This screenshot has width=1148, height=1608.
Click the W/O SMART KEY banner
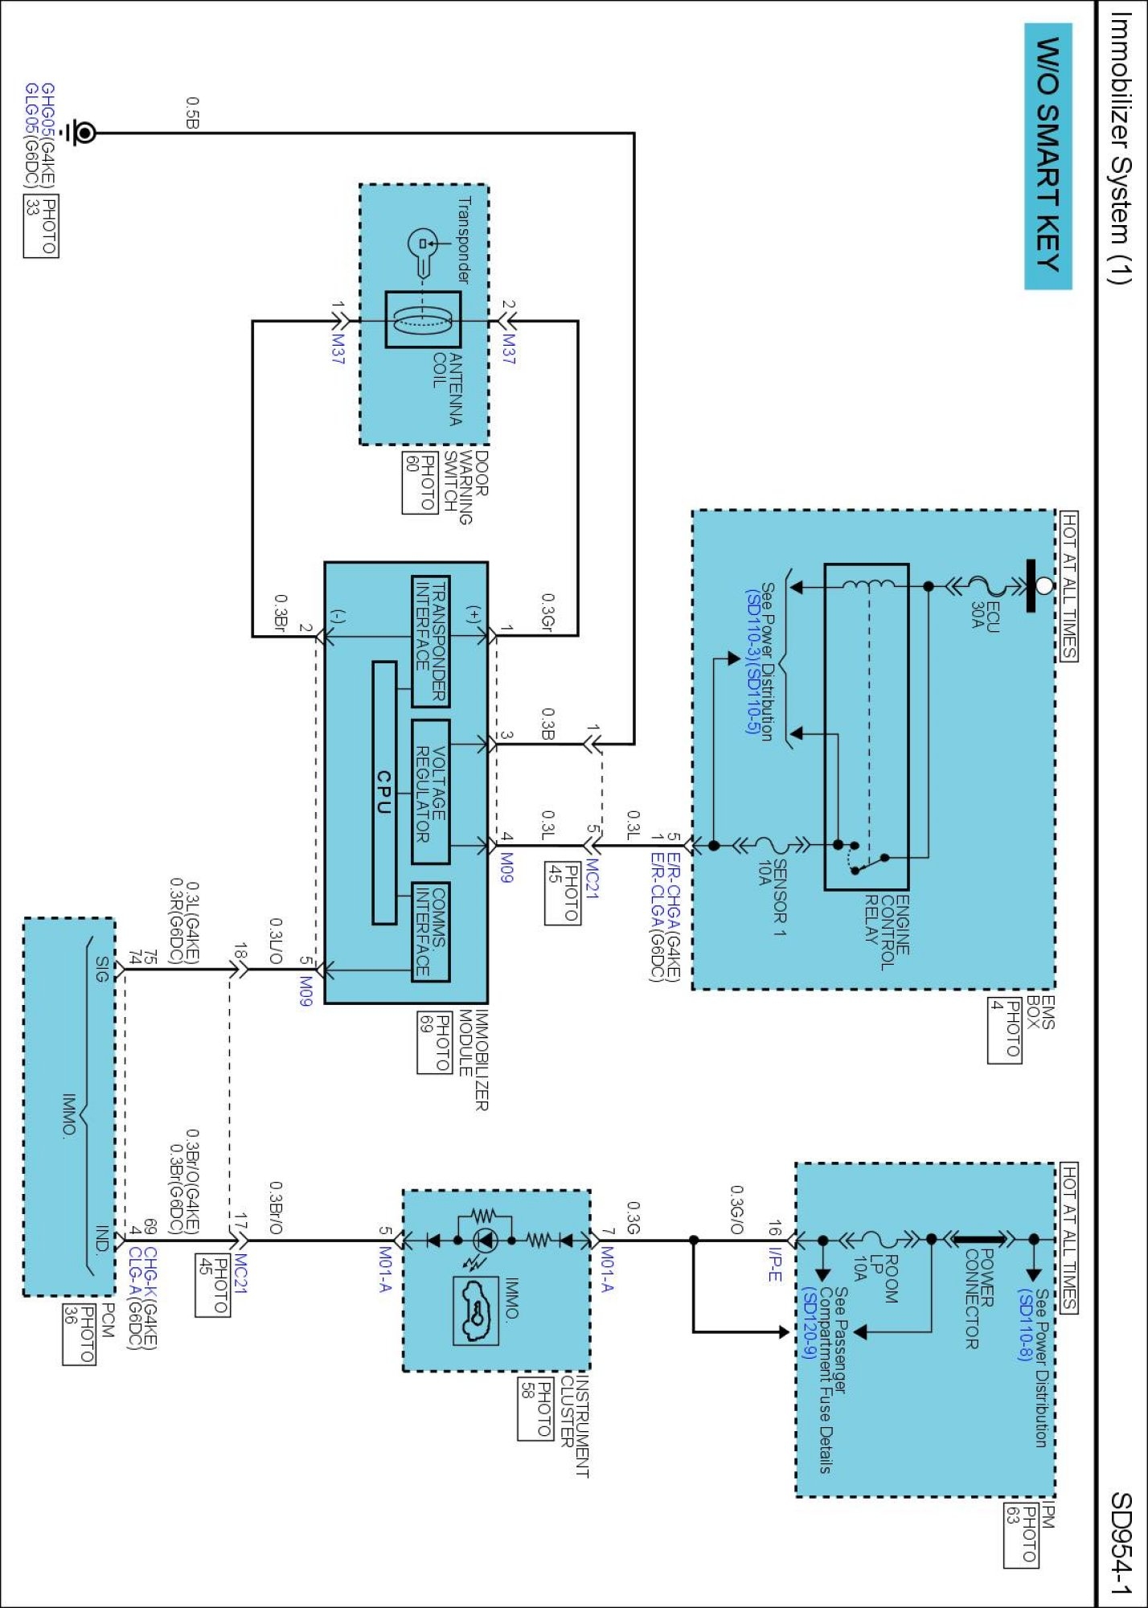point(1048,155)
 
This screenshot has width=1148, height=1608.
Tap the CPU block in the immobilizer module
point(384,793)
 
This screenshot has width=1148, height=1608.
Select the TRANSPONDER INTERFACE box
point(430,641)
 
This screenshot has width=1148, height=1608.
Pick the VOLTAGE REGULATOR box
point(430,792)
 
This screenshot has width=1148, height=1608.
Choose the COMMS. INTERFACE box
point(430,933)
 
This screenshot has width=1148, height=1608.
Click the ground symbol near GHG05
point(80,133)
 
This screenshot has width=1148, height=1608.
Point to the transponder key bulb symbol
point(423,243)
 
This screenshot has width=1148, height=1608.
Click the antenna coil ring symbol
point(423,320)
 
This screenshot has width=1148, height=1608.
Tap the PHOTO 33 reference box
point(41,226)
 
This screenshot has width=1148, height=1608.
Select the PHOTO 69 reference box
point(433,1042)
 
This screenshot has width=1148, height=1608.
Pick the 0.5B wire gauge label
point(193,113)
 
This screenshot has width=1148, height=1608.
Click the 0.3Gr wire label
point(547,613)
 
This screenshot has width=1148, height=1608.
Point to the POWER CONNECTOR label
point(980,1298)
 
